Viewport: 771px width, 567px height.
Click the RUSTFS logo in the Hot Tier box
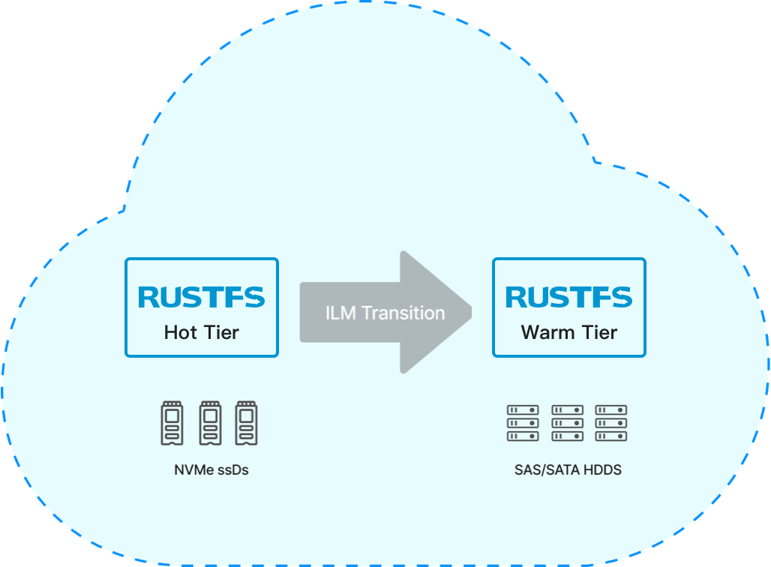pos(202,297)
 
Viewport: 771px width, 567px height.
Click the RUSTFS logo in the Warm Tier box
pos(569,297)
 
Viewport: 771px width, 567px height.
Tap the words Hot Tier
pos(202,332)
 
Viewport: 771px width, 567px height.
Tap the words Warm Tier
pos(569,332)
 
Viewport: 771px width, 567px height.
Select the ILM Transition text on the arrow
pos(385,313)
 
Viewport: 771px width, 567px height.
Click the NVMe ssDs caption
pos(211,471)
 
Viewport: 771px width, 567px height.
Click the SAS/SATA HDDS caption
pos(568,471)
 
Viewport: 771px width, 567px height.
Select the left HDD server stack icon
pos(523,423)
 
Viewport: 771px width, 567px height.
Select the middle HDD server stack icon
pos(567,423)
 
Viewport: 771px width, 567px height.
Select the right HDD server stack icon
pos(611,423)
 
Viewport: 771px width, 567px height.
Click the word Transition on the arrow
pos(403,313)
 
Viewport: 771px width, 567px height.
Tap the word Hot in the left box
pos(179,332)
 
